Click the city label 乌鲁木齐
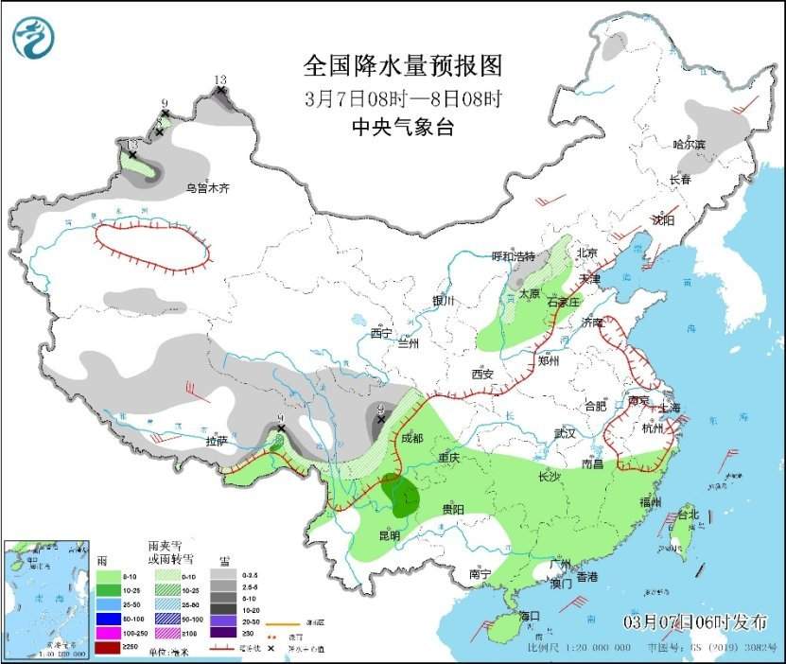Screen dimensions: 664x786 207,189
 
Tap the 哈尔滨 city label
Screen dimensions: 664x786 690,145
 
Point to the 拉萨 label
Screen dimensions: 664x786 217,440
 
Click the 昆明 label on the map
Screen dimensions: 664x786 389,535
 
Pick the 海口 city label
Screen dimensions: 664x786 529,616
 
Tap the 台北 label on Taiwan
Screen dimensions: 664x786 688,515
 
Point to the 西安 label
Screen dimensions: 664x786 482,374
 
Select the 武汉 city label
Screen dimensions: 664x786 566,432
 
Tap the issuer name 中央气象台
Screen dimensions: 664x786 402,128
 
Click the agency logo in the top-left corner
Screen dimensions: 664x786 34,37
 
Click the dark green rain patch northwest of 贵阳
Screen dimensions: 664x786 404,497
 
